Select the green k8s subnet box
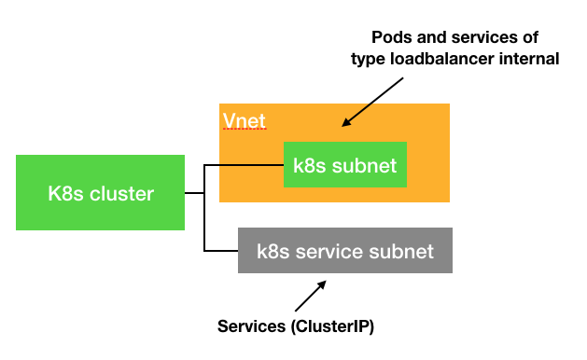345,167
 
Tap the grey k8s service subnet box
345,251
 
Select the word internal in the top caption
532,59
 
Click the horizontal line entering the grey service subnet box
221,250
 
